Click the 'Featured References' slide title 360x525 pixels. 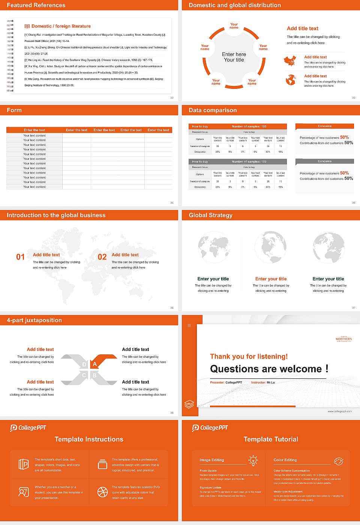(x=36, y=5)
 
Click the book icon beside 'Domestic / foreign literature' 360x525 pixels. (x=27, y=26)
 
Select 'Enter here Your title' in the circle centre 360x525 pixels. (x=234, y=57)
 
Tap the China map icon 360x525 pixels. (x=290, y=61)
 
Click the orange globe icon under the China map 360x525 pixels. (x=291, y=80)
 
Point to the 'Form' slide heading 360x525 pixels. (x=14, y=110)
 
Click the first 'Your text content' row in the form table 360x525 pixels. (x=34, y=135)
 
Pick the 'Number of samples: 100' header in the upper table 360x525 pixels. (x=249, y=126)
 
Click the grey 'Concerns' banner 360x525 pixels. (x=324, y=161)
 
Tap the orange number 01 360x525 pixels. (x=20, y=257)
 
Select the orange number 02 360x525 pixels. (x=102, y=257)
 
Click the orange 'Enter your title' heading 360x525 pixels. (x=271, y=279)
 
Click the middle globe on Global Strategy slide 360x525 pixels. (x=271, y=247)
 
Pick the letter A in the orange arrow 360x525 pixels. (x=95, y=364)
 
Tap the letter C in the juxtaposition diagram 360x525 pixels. (x=84, y=375)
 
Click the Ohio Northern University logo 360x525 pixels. (x=343, y=339)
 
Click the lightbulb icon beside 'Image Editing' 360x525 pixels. (x=253, y=460)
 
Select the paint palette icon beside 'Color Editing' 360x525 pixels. (x=339, y=460)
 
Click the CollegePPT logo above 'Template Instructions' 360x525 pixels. (x=28, y=428)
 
